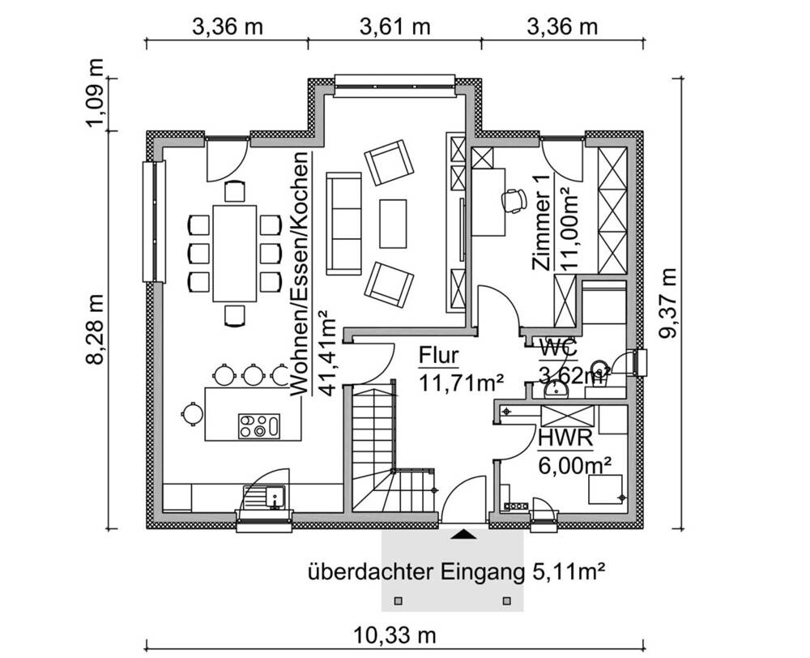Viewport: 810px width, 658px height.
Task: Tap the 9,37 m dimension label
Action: point(669,303)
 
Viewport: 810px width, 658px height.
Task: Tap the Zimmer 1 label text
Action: point(540,222)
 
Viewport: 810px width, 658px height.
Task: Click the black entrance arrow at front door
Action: point(463,533)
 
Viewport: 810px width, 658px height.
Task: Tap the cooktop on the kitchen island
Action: point(258,425)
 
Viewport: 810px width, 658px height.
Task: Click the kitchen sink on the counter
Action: point(264,495)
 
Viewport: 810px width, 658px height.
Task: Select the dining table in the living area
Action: point(235,252)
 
